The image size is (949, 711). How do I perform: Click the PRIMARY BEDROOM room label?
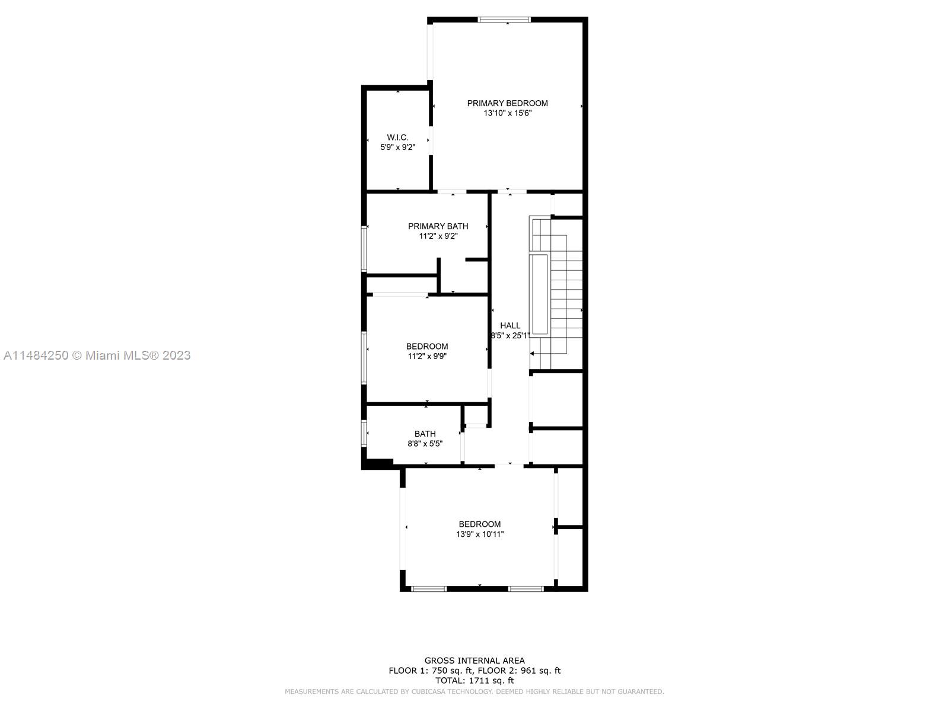[507, 103]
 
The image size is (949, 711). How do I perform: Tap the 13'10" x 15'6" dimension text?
[507, 113]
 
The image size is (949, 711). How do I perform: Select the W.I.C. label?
[397, 137]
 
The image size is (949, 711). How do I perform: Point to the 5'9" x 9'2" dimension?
[397, 147]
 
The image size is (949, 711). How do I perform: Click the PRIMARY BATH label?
[438, 226]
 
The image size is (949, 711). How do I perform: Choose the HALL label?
[510, 325]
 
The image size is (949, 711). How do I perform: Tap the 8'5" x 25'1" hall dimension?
[510, 335]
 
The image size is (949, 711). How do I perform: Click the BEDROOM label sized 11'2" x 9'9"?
[426, 346]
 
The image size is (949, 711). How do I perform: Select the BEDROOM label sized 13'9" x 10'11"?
[479, 524]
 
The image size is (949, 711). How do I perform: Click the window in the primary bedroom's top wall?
[504, 20]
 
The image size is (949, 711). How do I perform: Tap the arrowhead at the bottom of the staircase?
[532, 354]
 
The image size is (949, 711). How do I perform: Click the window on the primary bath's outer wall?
[364, 249]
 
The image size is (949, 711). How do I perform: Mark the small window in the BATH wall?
[364, 433]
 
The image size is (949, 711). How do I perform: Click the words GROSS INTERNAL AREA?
[474, 661]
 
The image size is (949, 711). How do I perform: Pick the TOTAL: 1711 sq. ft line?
[474, 681]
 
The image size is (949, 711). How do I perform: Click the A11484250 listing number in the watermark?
[36, 355]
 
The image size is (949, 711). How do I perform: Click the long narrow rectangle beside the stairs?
[540, 294]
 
